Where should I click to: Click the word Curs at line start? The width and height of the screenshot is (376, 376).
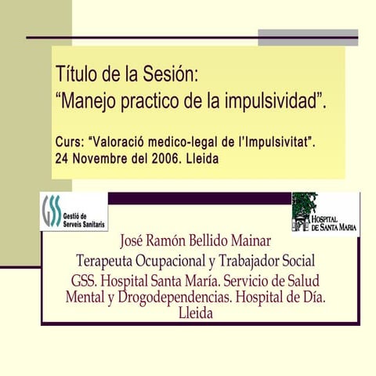click(x=68, y=143)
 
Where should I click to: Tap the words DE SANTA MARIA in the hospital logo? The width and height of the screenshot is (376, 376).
click(x=334, y=227)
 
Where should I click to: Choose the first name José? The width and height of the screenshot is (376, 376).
click(x=135, y=240)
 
